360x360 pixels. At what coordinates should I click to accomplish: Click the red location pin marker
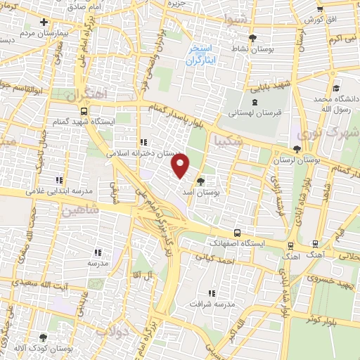181,167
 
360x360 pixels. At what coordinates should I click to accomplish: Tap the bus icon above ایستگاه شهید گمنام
85,111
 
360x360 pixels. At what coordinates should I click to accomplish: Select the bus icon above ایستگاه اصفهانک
236,232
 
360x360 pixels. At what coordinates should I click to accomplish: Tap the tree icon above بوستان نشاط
253,38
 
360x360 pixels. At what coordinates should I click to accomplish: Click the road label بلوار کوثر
321,320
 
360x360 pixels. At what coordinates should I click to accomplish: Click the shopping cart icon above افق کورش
320,10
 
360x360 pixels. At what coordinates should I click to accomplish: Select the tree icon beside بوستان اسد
201,180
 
